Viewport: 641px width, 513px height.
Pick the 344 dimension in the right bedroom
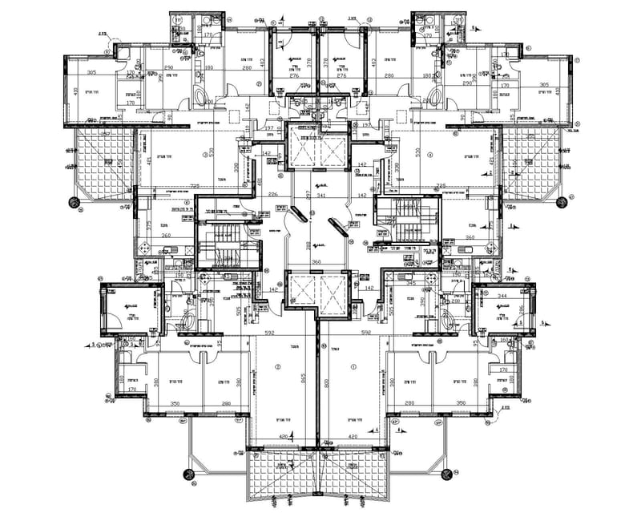coord(502,297)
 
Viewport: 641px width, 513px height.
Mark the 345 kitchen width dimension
coord(412,283)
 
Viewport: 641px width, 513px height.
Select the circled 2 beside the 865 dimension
coord(278,366)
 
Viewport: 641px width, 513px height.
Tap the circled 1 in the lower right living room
coord(353,366)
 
